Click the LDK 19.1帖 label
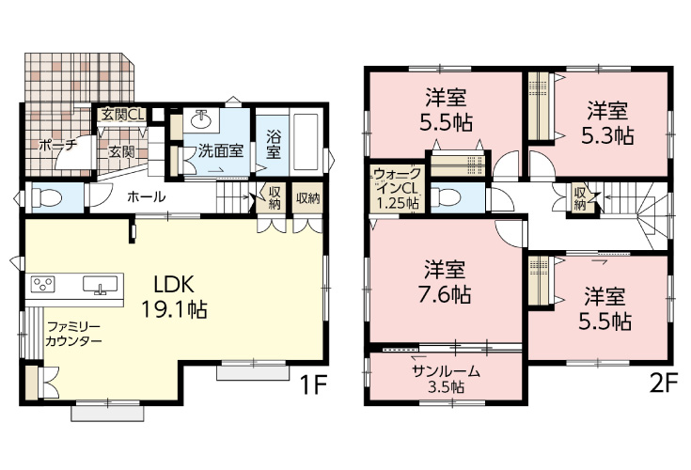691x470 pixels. [175, 297]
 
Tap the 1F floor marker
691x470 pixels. [314, 385]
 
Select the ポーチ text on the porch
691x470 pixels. [57, 146]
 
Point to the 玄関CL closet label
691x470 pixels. [121, 116]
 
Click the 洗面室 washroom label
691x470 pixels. [221, 149]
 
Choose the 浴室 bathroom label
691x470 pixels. [274, 143]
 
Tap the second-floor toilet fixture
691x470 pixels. [450, 198]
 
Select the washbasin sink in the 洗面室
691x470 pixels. [201, 119]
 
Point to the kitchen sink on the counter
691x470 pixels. [98, 285]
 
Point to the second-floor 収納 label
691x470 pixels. [580, 198]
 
